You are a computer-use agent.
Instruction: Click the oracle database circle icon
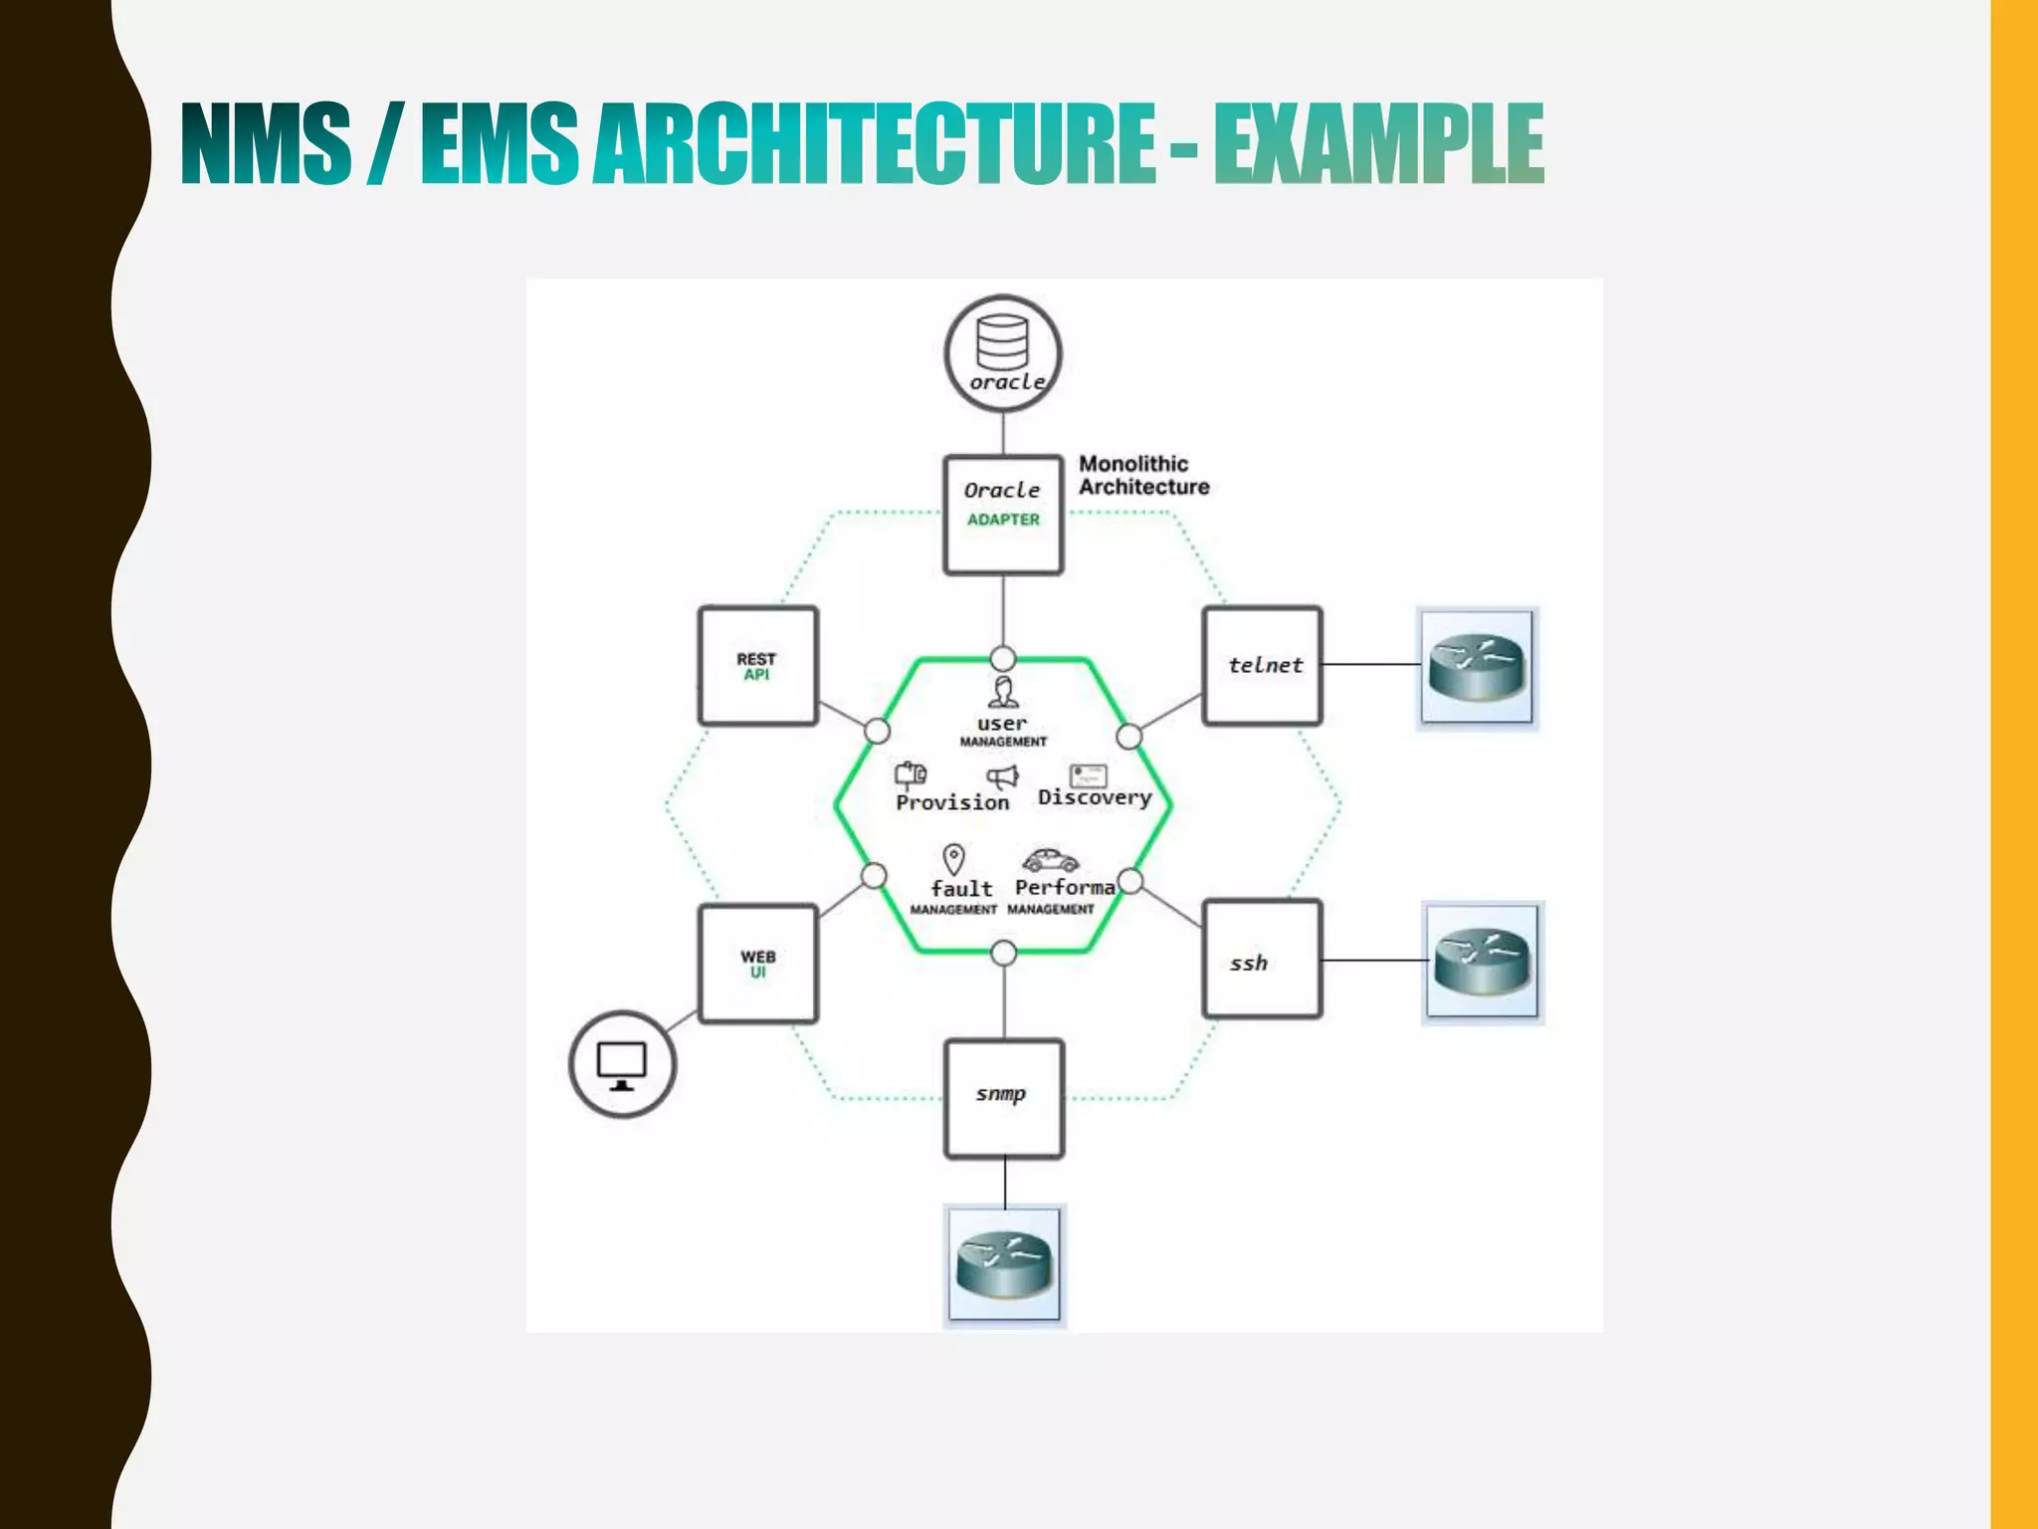(x=1003, y=353)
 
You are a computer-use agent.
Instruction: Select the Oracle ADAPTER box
(x=1003, y=515)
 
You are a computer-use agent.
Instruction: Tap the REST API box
(x=758, y=666)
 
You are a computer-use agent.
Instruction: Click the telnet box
(x=1263, y=665)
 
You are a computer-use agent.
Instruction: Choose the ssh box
(x=1263, y=960)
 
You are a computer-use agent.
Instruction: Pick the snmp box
(x=1004, y=1099)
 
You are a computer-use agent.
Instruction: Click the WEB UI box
(x=758, y=964)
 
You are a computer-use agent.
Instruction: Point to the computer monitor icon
(x=622, y=1064)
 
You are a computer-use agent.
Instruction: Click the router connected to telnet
(x=1477, y=668)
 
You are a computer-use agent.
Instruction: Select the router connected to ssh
(x=1482, y=963)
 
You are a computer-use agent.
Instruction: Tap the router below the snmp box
(x=1004, y=1265)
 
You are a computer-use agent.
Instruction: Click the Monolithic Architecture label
(x=1143, y=476)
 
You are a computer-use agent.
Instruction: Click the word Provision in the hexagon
(x=952, y=802)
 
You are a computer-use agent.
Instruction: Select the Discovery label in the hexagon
(x=1095, y=797)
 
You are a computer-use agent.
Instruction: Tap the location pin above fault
(x=953, y=859)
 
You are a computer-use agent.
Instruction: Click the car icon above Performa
(x=1051, y=860)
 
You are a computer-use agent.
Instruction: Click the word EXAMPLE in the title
(x=1378, y=143)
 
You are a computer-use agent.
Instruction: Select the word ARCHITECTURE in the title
(x=875, y=143)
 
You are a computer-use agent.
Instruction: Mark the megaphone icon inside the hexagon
(x=1002, y=776)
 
